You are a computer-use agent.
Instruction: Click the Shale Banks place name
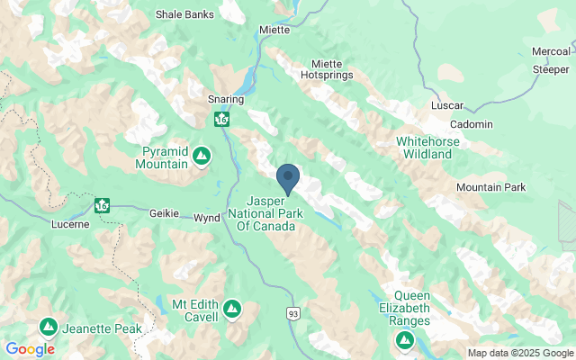184,14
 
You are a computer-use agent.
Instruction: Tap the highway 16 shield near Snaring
221,119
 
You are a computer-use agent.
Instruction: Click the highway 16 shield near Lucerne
102,205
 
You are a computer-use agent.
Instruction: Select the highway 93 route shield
292,313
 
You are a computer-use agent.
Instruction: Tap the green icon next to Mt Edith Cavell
232,310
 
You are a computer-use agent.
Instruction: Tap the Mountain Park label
490,187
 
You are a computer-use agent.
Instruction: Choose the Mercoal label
550,51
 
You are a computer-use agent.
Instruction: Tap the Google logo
30,349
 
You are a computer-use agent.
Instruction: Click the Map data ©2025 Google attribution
519,353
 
